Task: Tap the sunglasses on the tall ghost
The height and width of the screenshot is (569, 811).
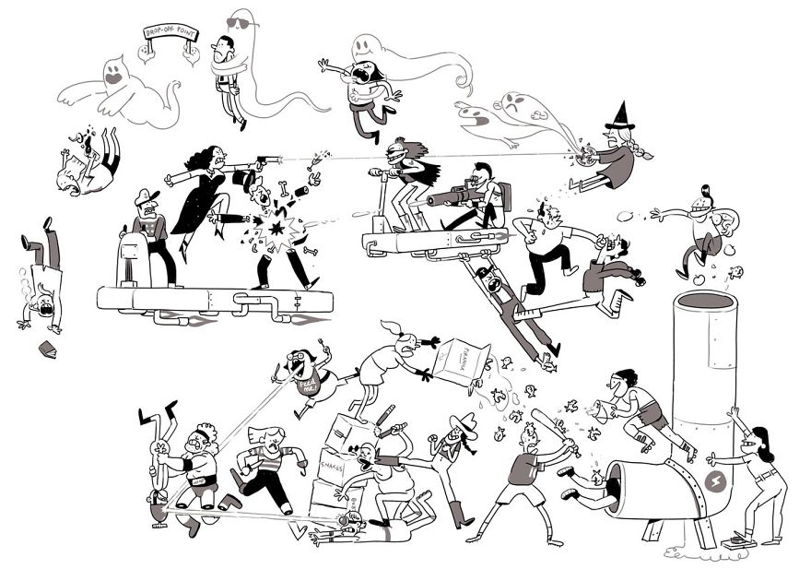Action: point(239,23)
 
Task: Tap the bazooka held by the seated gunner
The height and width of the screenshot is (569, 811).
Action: point(456,196)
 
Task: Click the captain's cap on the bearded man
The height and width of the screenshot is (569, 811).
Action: point(146,196)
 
